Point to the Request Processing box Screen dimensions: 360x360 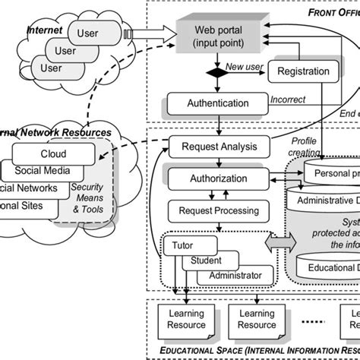(x=218, y=210)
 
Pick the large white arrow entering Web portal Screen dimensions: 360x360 (x=151, y=34)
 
